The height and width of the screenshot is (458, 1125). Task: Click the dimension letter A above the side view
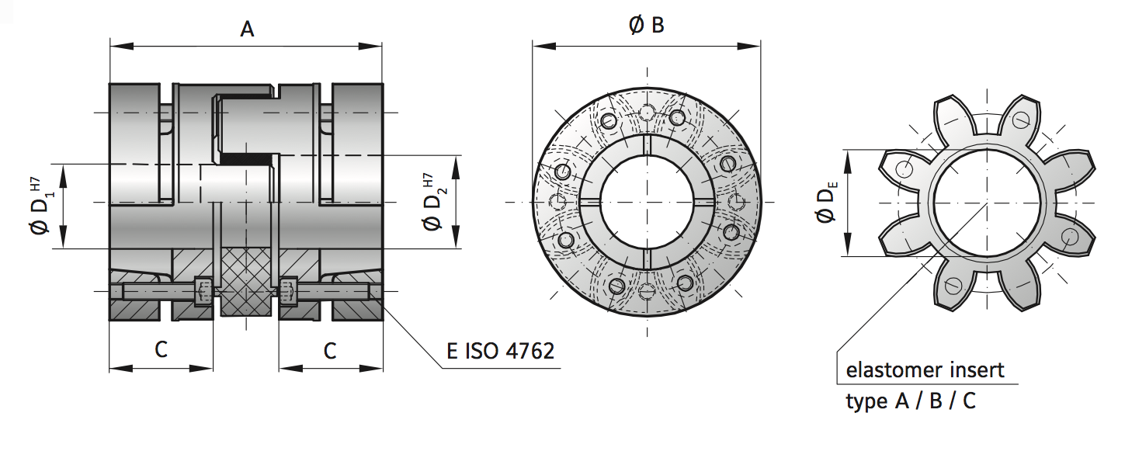point(247,29)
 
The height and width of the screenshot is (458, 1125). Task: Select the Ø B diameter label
point(646,26)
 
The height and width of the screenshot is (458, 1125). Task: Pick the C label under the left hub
point(161,350)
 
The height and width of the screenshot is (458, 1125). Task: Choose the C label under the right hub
point(330,351)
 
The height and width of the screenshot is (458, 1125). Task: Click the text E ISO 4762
point(500,351)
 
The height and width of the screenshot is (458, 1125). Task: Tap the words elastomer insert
point(925,370)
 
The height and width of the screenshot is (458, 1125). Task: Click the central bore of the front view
point(646,203)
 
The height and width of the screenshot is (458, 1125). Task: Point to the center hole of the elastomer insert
point(985,204)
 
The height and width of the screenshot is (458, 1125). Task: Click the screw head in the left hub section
point(203,291)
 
